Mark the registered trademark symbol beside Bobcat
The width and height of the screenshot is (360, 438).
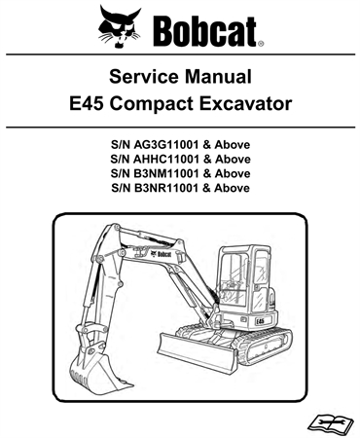tap(260, 43)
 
